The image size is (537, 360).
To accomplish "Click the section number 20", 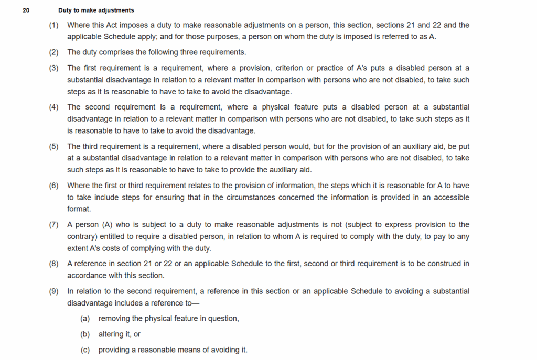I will (x=26, y=10).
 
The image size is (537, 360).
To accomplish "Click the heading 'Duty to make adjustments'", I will (x=96, y=10).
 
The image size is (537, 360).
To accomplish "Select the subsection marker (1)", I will (x=54, y=25).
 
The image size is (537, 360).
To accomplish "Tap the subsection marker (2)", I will (x=54, y=52).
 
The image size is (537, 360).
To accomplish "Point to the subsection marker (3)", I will (x=54, y=68).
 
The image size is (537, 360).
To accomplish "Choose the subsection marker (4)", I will (x=54, y=107).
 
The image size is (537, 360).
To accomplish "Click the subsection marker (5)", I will (x=54, y=146).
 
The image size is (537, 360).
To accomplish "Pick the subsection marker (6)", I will (x=54, y=186).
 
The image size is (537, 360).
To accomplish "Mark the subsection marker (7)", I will (x=54, y=225).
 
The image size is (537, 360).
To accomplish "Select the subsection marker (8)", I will (x=54, y=264).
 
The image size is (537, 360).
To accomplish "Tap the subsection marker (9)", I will (x=54, y=291).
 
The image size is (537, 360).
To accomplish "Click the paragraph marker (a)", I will (x=85, y=319).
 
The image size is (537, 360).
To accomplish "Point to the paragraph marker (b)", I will (x=85, y=334).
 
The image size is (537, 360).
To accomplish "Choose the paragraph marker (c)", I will (x=85, y=350).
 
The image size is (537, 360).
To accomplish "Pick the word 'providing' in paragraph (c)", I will (x=114, y=350).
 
